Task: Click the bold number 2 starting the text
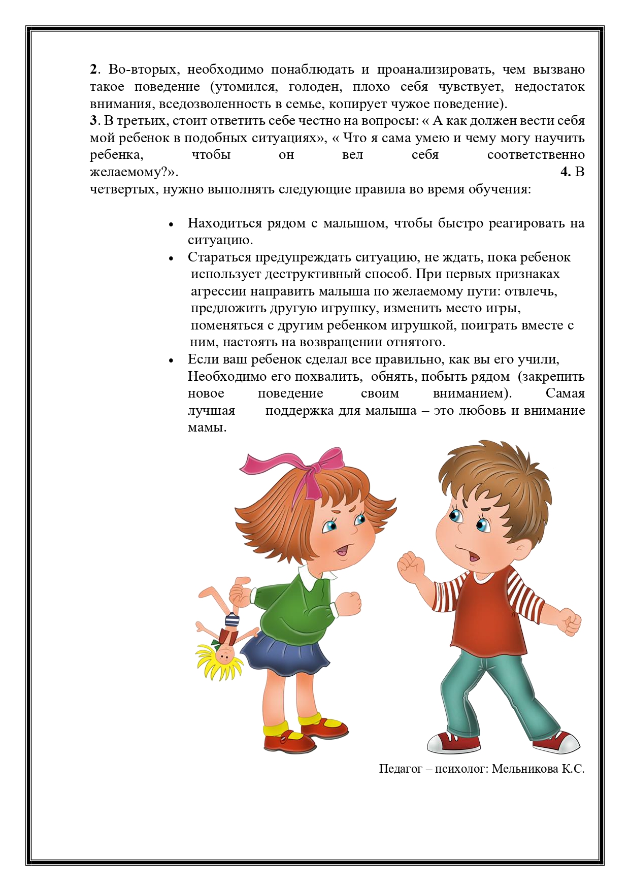tap(93, 70)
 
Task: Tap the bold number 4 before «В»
tap(565, 172)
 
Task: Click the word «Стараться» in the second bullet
tap(219, 257)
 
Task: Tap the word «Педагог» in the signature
tap(401, 769)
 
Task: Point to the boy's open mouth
tap(474, 557)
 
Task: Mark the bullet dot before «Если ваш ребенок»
tap(172, 360)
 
